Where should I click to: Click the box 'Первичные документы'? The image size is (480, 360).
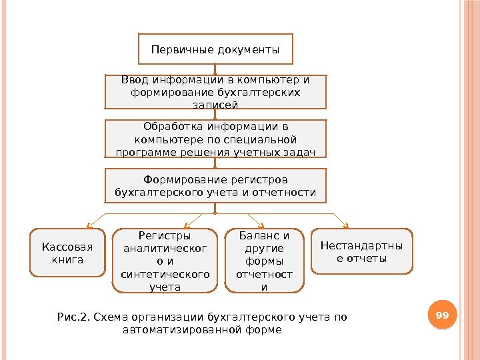[x=215, y=49]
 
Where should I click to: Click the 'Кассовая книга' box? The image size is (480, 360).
[x=67, y=253]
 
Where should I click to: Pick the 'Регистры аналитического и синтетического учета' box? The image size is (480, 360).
[x=165, y=261]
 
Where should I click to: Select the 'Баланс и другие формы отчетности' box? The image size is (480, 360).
[x=263, y=261]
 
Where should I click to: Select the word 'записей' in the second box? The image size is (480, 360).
[x=215, y=105]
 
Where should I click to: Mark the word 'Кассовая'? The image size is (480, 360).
[x=67, y=247]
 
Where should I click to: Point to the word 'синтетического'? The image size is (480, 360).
[x=165, y=274]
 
